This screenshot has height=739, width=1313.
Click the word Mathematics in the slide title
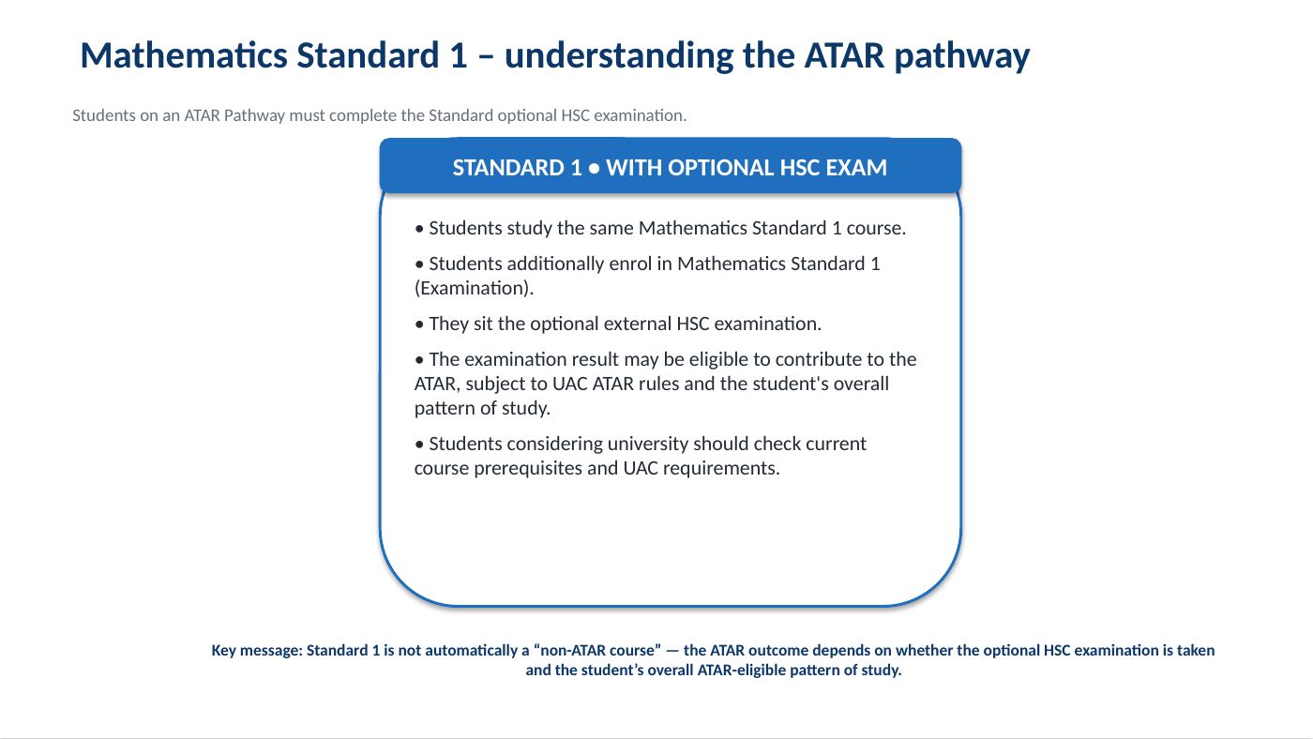(x=184, y=55)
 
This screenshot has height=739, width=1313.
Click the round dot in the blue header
(x=594, y=169)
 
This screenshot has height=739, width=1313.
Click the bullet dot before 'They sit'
(x=419, y=324)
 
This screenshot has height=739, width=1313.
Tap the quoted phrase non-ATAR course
(x=597, y=651)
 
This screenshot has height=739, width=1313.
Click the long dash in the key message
(x=672, y=651)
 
